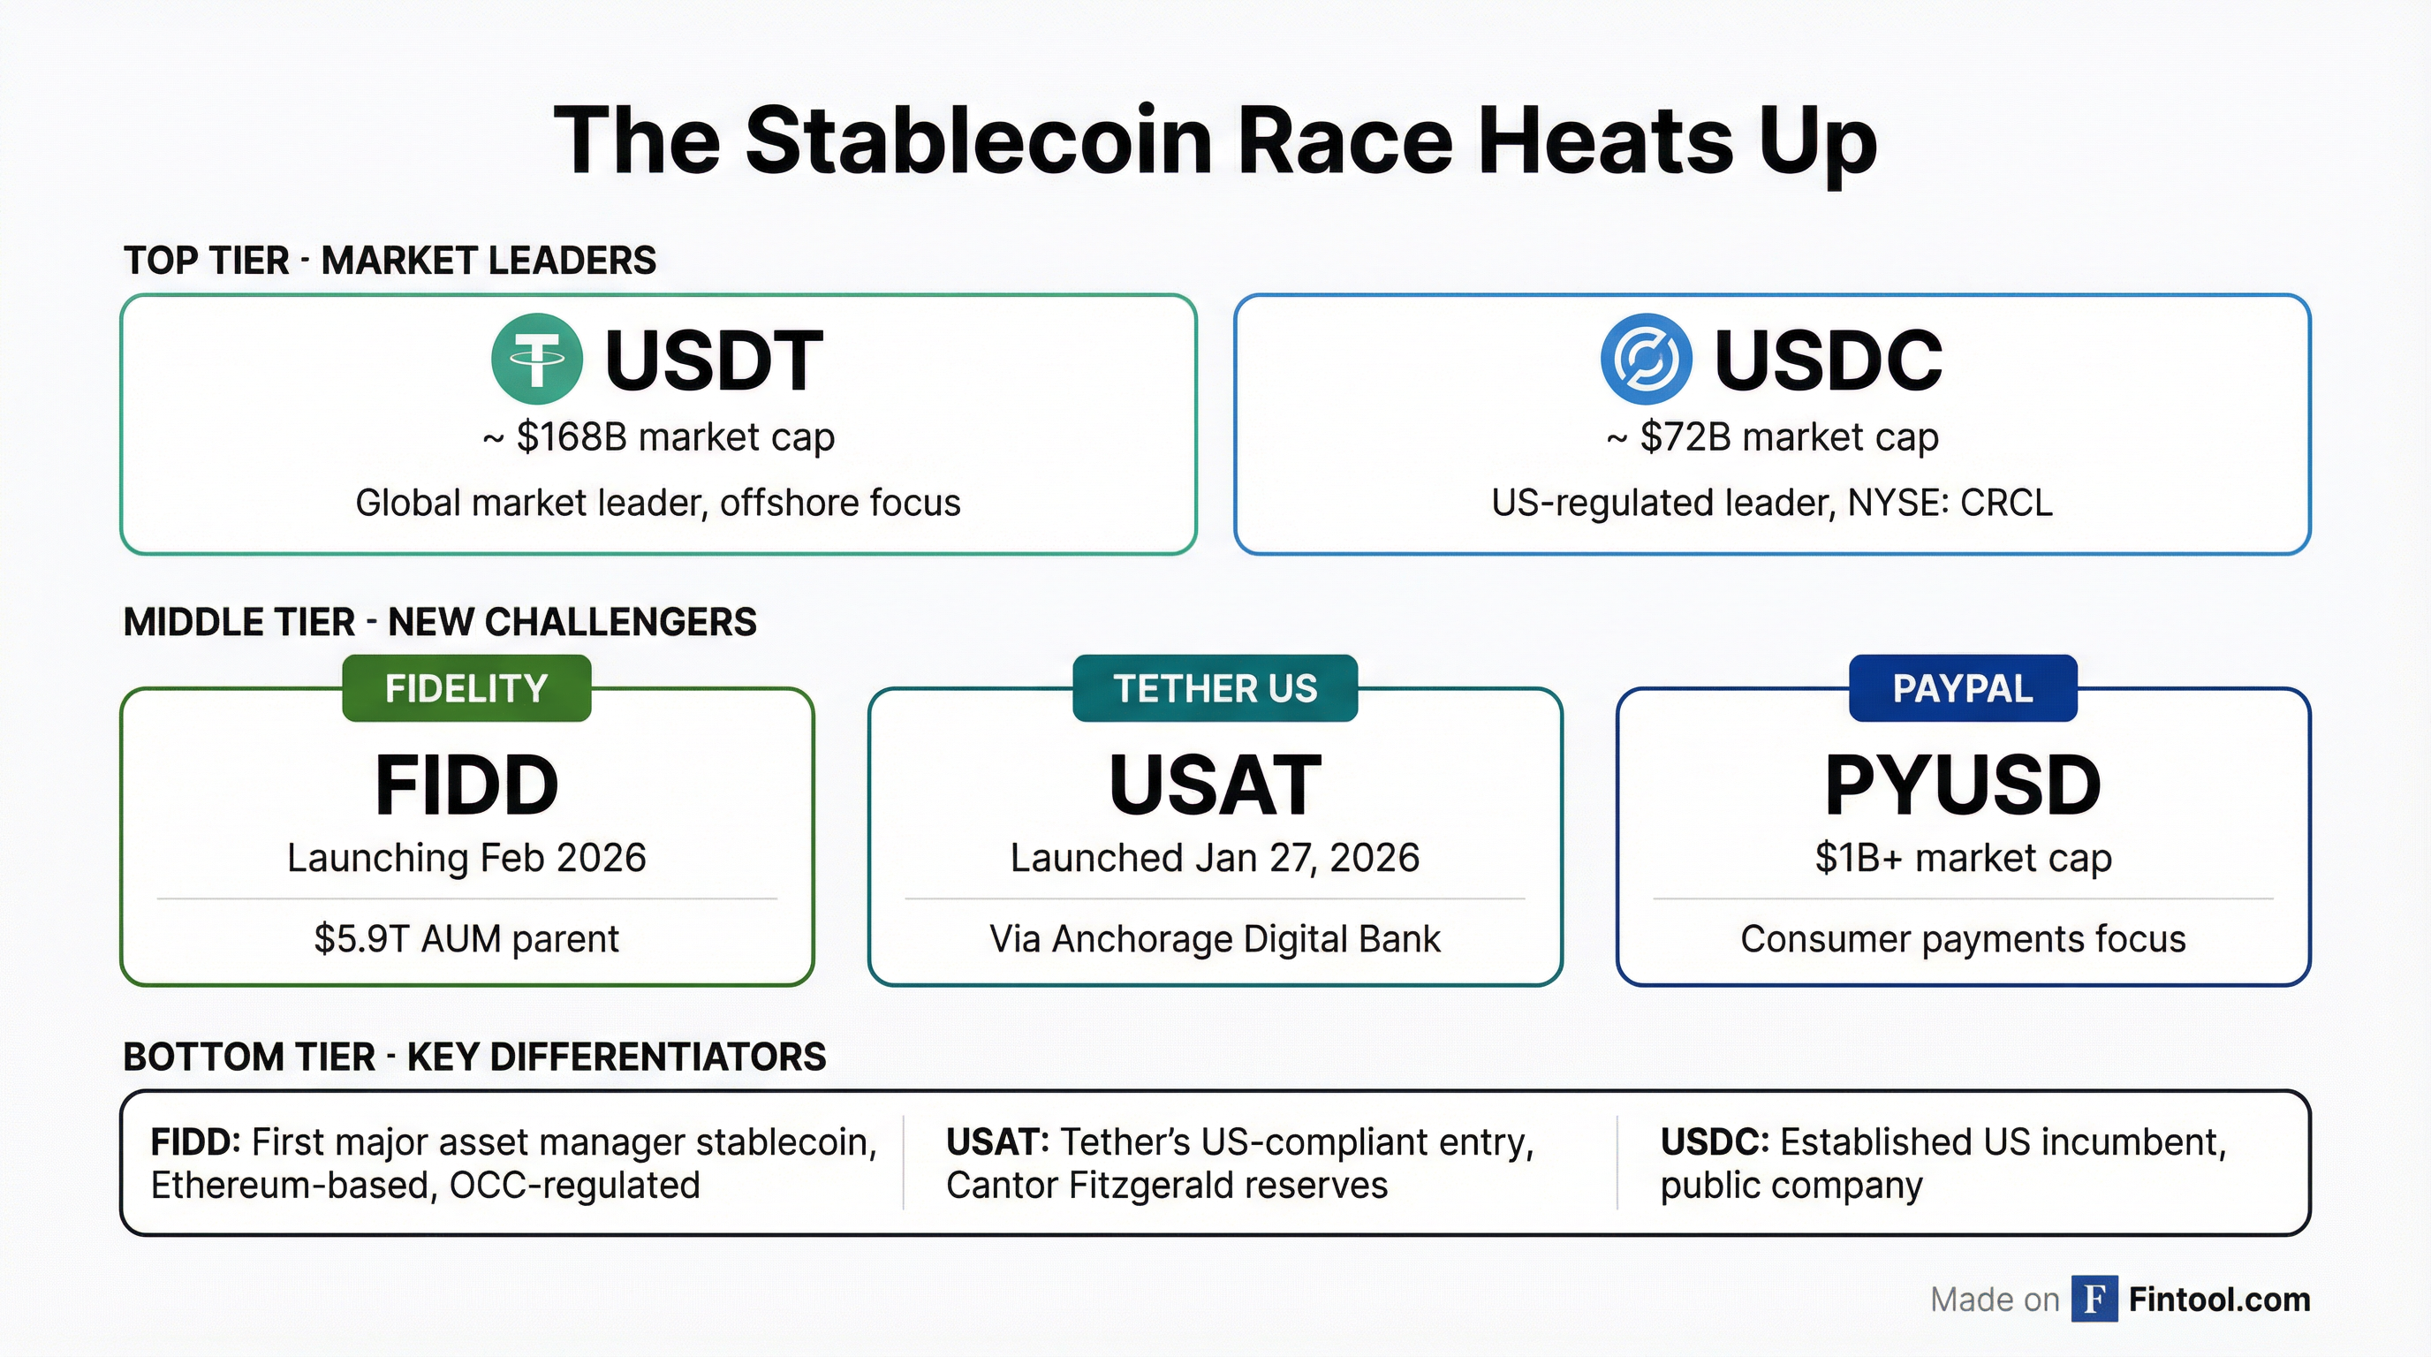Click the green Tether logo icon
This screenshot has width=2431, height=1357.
pyautogui.click(x=536, y=360)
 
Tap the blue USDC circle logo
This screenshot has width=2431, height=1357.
pyautogui.click(x=1646, y=360)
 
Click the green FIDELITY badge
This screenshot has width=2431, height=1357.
pyautogui.click(x=466, y=688)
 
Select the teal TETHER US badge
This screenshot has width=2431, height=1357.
pyautogui.click(x=1215, y=688)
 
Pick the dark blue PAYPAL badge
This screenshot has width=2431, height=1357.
pyautogui.click(x=1962, y=688)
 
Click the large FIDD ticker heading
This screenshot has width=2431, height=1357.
pyautogui.click(x=466, y=785)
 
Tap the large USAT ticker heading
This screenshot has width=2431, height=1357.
pyautogui.click(x=1215, y=785)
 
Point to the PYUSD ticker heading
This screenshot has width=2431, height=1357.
pyautogui.click(x=1962, y=785)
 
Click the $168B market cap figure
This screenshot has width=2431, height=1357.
pyautogui.click(x=571, y=438)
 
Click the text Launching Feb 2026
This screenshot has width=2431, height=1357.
pyautogui.click(x=466, y=858)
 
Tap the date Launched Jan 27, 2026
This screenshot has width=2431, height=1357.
pyautogui.click(x=1215, y=858)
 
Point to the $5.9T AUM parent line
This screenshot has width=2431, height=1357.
pyautogui.click(x=466, y=939)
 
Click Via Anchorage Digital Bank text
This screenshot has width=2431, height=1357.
pyautogui.click(x=1215, y=939)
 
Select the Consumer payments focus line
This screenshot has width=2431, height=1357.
pyautogui.click(x=1962, y=939)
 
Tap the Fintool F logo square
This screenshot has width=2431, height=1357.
pyautogui.click(x=2094, y=1300)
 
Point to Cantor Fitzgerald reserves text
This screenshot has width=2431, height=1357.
pyautogui.click(x=1166, y=1186)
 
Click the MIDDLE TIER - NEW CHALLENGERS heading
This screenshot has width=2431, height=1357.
pyautogui.click(x=440, y=623)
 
